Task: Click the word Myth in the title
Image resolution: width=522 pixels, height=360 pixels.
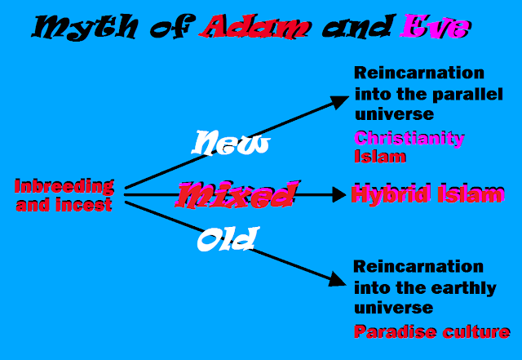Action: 85,27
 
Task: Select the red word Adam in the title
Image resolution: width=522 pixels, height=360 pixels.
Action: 254,27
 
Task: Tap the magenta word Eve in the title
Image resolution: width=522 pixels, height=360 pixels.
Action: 436,26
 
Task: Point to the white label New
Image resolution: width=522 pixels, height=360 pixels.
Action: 231,143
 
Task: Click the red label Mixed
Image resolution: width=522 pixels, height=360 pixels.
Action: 236,195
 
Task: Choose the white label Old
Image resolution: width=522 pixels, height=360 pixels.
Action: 228,238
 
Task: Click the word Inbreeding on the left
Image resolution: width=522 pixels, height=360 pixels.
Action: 64,187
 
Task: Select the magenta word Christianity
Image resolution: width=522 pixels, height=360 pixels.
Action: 409,138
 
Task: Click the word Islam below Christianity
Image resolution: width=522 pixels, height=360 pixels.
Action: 380,157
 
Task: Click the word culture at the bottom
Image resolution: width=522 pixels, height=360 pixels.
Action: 476,332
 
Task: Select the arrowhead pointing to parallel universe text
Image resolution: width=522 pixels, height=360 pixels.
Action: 339,101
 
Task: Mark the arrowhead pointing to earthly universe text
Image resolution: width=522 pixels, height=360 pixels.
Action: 338,279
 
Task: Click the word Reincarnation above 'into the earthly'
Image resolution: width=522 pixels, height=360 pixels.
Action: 418,267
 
